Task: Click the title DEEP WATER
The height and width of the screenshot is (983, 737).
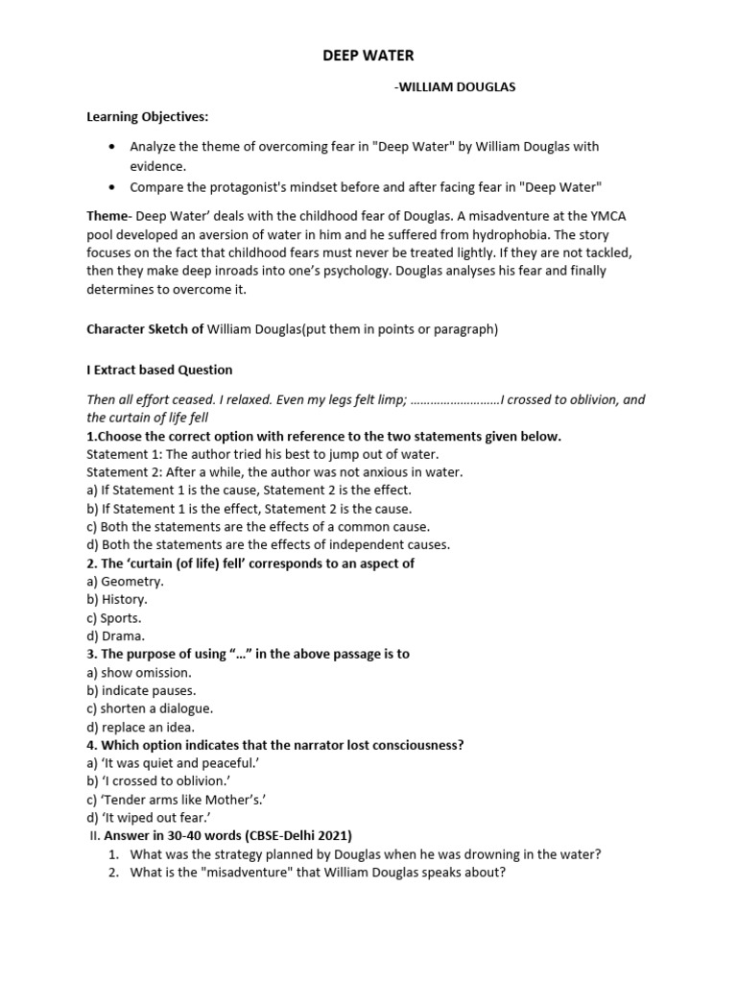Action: [368, 57]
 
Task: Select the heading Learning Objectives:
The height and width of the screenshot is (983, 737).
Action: [147, 117]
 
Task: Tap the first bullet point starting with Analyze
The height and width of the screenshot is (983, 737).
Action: [364, 147]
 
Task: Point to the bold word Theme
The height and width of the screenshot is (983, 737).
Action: [107, 217]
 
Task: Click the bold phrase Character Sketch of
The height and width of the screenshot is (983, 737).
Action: [145, 329]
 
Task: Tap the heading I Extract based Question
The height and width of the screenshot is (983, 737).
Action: [159, 370]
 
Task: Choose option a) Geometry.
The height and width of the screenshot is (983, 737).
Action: [125, 582]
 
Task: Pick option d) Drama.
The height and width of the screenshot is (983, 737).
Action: [116, 635]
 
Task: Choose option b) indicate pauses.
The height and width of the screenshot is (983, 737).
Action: [141, 690]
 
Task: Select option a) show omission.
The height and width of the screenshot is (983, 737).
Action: [139, 672]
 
